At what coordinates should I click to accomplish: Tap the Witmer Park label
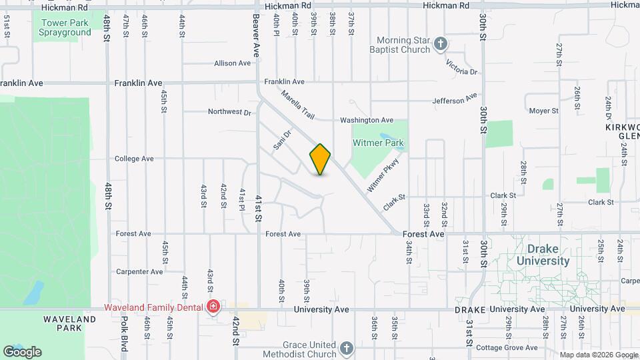(x=379, y=143)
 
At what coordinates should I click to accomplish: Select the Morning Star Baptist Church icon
(x=440, y=44)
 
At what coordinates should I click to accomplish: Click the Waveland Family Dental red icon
(x=213, y=307)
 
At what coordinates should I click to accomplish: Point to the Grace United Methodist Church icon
(x=346, y=349)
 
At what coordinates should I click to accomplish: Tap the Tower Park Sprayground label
(x=65, y=27)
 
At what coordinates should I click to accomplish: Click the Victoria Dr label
(x=462, y=67)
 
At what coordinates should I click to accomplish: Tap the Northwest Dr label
(x=229, y=112)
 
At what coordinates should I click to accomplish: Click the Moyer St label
(x=544, y=111)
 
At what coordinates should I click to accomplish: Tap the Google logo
(x=23, y=351)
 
